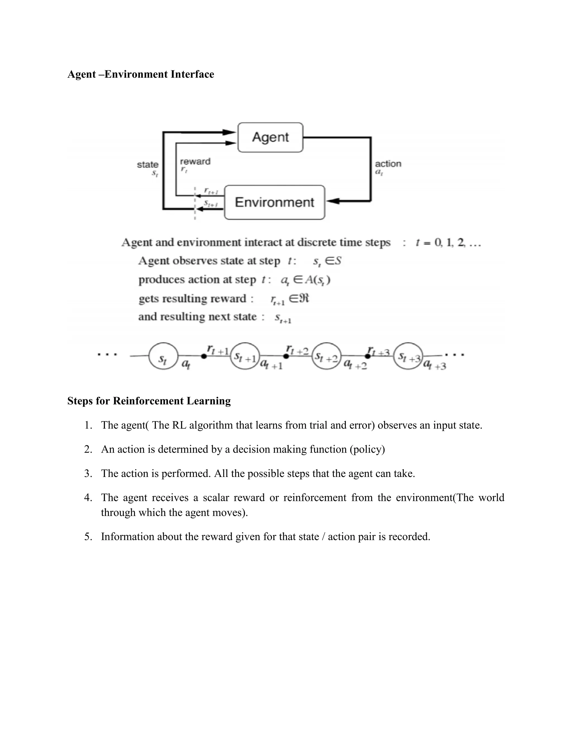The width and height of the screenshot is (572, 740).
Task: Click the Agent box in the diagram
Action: coord(270,137)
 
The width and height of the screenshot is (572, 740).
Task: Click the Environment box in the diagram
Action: coord(275,202)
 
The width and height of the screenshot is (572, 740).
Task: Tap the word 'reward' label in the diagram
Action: coord(195,161)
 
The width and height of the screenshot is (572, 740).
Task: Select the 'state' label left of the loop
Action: coord(147,165)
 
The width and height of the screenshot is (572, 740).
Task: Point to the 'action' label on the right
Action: coord(388,164)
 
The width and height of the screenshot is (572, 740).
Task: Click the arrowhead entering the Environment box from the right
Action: coord(333,201)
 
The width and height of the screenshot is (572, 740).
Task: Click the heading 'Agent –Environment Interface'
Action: coord(141,74)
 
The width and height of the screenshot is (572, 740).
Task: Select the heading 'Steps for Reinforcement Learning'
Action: coord(149,401)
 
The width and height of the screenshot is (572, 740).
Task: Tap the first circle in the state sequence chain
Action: coord(163,356)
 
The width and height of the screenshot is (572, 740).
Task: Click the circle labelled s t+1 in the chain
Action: coord(245,356)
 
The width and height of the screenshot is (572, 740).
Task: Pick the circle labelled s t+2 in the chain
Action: coord(326,356)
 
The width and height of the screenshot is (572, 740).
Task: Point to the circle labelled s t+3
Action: coord(408,356)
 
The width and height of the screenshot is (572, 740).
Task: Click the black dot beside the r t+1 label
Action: coord(204,356)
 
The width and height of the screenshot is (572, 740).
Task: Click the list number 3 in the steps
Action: coord(88,473)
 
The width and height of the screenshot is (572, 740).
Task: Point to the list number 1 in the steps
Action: coord(88,425)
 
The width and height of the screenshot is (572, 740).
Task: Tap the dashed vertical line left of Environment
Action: coord(194,203)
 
